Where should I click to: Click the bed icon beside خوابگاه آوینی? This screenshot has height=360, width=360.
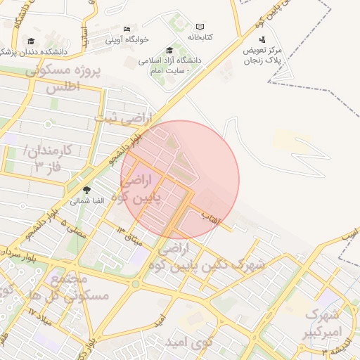[x=127, y=30]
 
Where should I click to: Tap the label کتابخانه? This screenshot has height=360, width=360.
[x=200, y=36]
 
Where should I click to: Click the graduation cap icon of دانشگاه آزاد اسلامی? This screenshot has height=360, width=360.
[x=169, y=50]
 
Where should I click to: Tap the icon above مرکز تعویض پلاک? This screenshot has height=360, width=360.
[x=262, y=40]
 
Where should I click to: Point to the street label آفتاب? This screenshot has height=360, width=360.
[x=211, y=216]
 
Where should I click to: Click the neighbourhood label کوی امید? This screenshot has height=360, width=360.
[x=188, y=342]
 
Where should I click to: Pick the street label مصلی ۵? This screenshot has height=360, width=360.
[x=73, y=229]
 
